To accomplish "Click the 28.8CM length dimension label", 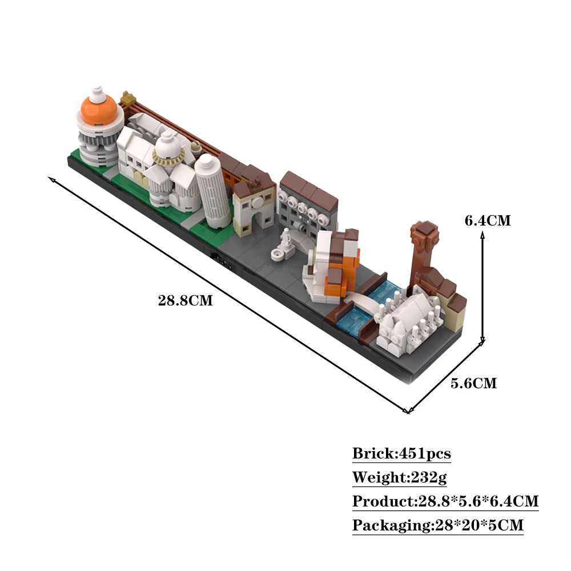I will (185, 300).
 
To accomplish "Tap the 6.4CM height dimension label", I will (487, 220).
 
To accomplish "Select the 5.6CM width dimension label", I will (473, 383).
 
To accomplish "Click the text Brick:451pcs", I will (401, 454).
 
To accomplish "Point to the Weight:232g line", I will (399, 477).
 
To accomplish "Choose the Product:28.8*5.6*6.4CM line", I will (445, 501).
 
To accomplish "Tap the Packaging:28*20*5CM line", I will (437, 525).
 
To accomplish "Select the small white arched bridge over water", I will (360, 299).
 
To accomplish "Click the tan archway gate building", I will (254, 206).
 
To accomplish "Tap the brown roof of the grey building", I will (308, 188).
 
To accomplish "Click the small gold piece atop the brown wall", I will (127, 97).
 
